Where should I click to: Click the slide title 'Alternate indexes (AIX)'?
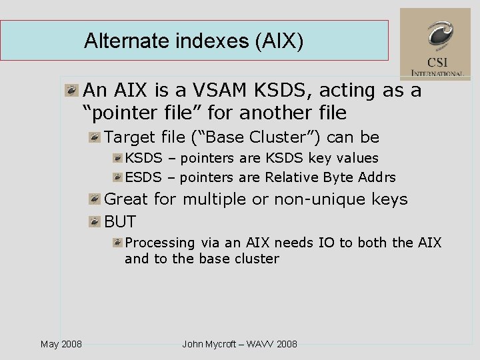coord(193,41)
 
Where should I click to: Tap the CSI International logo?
coord(435,44)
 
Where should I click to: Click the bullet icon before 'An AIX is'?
coord(71,90)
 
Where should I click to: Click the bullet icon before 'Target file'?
coord(95,137)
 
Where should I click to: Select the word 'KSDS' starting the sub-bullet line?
coord(143,158)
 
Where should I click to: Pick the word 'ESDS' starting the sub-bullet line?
coord(143,177)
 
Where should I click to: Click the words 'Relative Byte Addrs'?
coord(330,177)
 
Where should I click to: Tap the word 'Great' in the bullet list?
coord(127,199)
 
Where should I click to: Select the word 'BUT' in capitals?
coord(120,222)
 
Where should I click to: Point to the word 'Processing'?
coord(160,243)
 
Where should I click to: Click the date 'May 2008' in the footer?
coord(61,344)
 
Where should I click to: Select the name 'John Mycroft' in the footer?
coord(211,344)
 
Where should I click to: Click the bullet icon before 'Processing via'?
coord(117,243)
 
